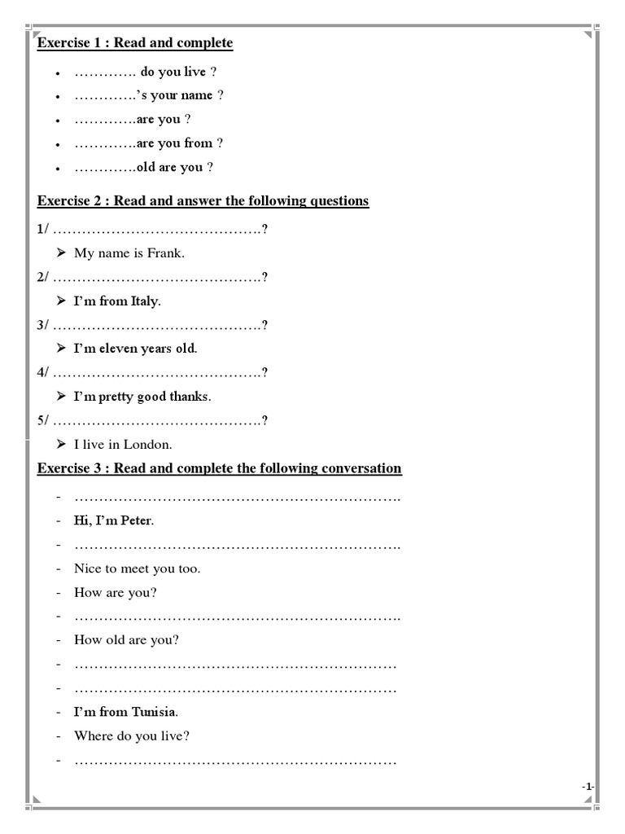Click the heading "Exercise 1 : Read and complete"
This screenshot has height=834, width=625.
[x=135, y=42]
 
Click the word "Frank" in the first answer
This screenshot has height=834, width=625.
[x=165, y=253]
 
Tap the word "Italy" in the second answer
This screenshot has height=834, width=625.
[x=145, y=301]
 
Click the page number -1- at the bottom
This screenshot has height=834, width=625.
[x=588, y=786]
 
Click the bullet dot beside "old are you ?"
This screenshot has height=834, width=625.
[x=58, y=169]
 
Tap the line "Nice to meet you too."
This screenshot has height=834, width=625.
[x=137, y=568]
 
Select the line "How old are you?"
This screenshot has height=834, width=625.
[x=126, y=640]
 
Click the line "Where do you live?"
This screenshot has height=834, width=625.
[x=132, y=736]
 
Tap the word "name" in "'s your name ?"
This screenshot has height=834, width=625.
[x=197, y=95]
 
